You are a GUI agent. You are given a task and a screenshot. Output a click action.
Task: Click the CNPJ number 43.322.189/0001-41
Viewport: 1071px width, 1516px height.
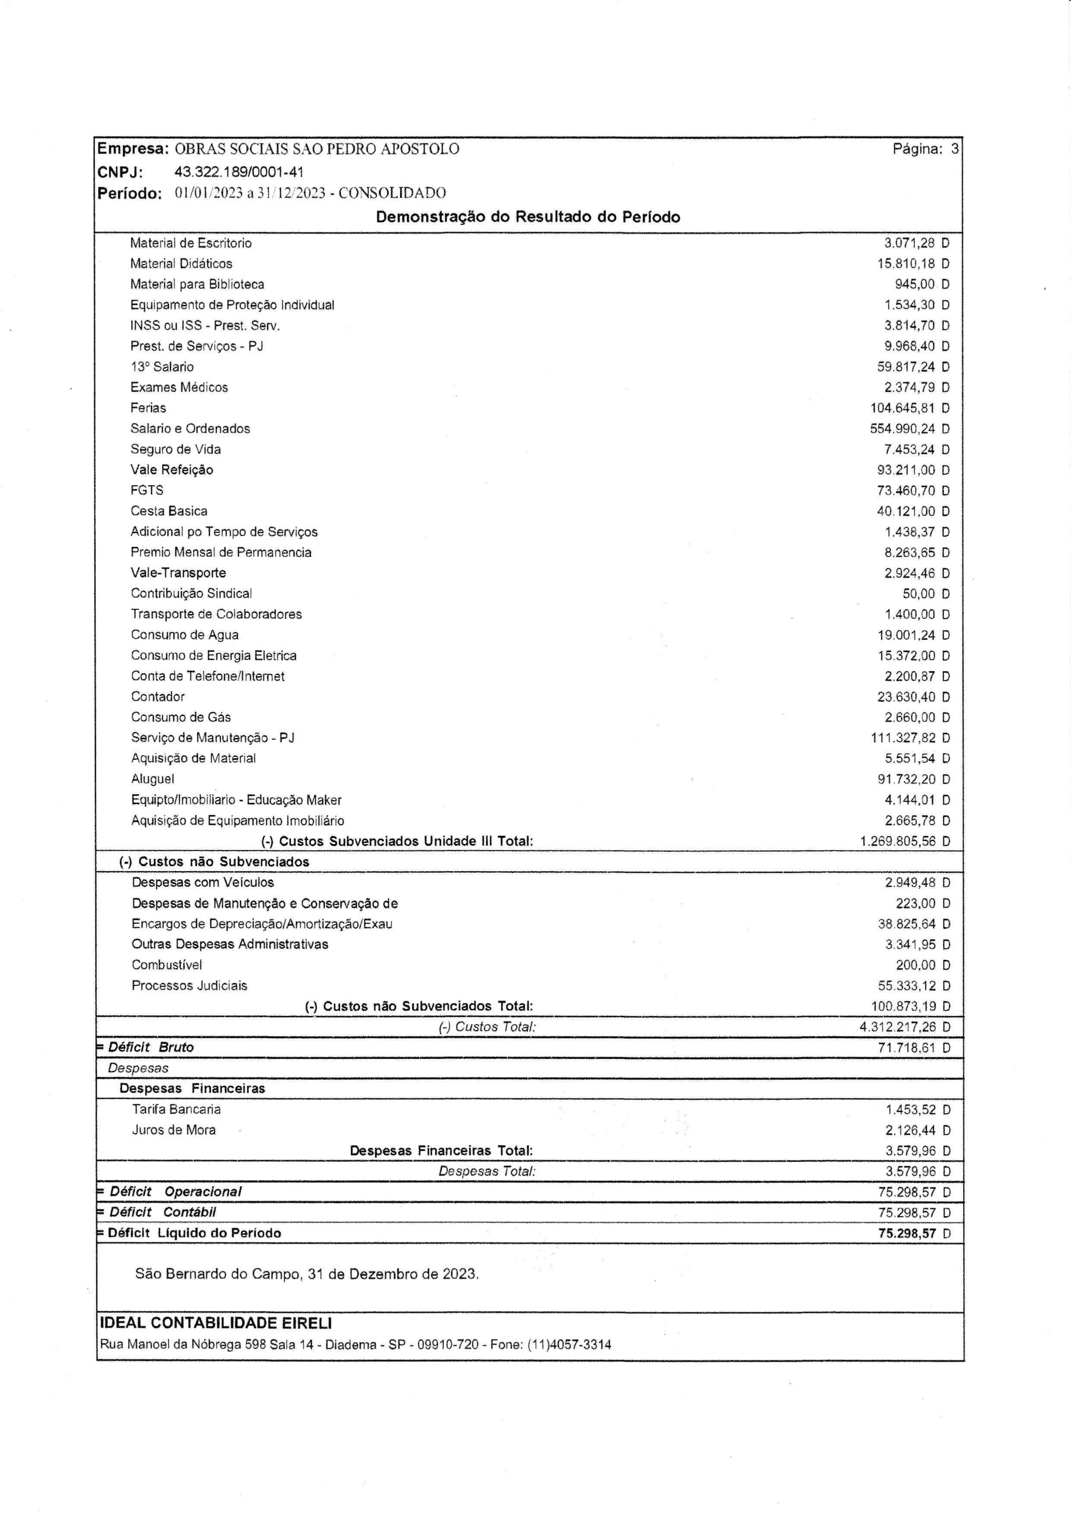coord(239,172)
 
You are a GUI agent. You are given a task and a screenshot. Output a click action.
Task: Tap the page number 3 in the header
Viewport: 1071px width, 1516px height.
coord(954,149)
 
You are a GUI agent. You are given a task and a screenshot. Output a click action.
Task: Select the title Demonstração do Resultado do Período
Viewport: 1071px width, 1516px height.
coord(528,217)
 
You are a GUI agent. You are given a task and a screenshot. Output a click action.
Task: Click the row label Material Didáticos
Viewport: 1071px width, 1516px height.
coord(181,264)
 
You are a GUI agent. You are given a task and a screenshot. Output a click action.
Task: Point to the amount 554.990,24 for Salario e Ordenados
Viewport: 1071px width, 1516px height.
coord(902,429)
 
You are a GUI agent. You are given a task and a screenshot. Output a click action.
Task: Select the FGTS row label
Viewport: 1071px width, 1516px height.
coord(146,490)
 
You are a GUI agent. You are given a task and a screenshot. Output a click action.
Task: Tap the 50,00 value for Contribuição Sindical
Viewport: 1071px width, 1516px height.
coord(919,594)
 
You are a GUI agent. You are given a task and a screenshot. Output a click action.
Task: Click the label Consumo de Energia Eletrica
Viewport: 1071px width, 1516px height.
coord(213,655)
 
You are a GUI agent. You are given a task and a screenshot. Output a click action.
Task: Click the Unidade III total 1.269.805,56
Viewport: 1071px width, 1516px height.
coord(897,841)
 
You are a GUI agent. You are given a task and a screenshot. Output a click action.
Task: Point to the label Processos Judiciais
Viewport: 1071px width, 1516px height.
coord(190,985)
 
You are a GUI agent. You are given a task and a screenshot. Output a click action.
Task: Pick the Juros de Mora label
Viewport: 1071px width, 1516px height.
coord(174,1130)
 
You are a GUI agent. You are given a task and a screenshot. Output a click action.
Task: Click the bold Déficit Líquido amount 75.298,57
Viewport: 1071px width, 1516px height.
coord(907,1233)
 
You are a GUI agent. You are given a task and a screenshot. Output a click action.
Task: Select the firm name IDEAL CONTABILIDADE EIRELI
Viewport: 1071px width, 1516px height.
coord(216,1322)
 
